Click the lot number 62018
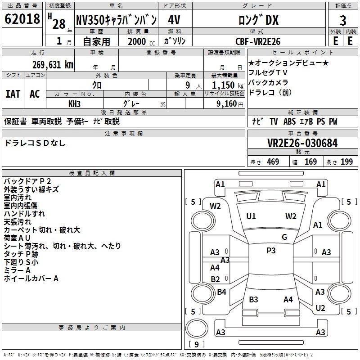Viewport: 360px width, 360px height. click(22, 19)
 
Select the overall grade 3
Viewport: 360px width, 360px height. click(343, 21)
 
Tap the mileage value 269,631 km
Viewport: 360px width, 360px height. click(53, 65)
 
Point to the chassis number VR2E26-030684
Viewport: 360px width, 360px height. click(302, 143)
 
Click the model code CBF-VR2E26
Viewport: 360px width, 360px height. click(258, 41)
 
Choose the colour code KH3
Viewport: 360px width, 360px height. click(74, 104)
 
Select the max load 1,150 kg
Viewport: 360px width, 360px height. click(228, 85)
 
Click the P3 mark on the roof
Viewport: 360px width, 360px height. click(271, 251)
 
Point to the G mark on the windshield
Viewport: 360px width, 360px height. click(284, 237)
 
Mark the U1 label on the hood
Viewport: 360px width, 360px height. click(251, 216)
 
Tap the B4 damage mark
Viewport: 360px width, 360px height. click(221, 292)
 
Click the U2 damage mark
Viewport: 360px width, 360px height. click(320, 308)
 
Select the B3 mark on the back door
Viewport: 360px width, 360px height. click(253, 299)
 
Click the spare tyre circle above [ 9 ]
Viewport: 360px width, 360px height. click(197, 328)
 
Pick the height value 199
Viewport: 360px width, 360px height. click(346, 162)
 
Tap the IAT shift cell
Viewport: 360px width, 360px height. click(13, 94)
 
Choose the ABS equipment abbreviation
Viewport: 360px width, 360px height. click(289, 121)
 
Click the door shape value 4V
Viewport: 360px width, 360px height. click(174, 20)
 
